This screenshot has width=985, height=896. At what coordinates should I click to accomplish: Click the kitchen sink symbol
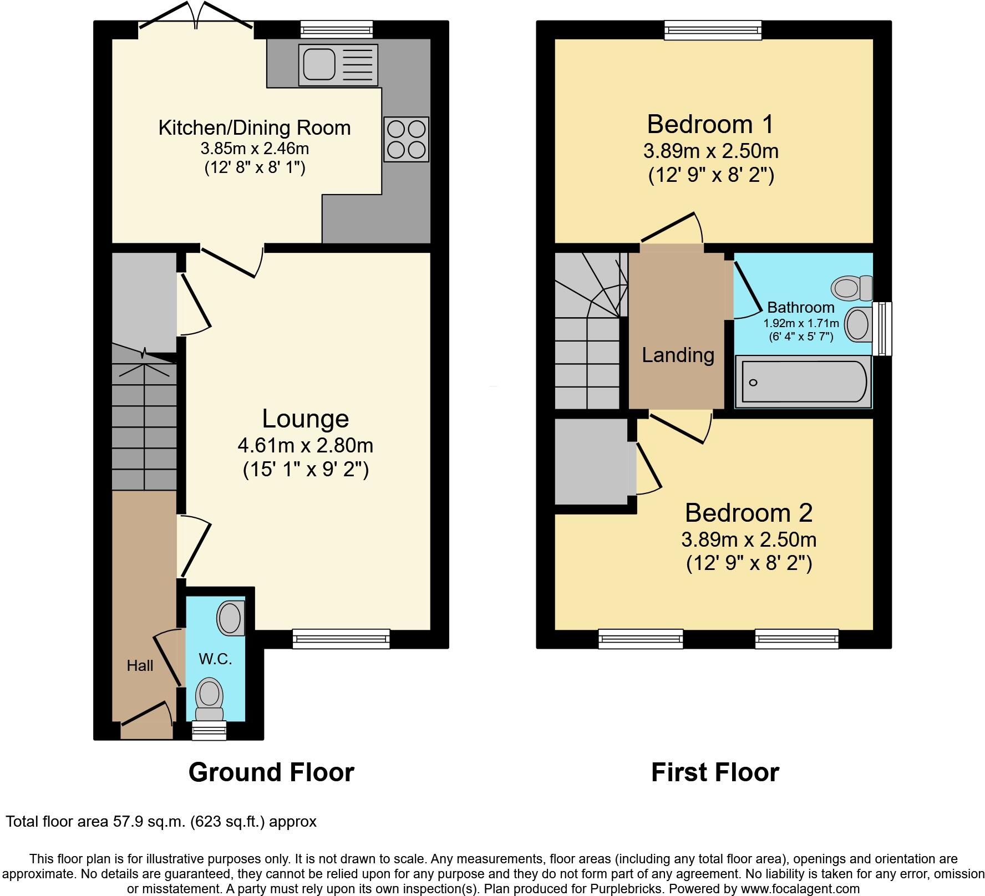tap(337, 65)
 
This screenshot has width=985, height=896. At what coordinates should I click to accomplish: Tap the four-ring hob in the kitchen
tap(407, 139)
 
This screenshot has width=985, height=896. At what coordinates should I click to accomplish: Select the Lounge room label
tap(305, 419)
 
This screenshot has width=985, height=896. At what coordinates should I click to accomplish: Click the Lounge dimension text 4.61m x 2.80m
tap(305, 445)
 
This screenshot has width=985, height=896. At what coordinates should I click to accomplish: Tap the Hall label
tap(140, 665)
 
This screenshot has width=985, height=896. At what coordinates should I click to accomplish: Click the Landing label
tap(678, 355)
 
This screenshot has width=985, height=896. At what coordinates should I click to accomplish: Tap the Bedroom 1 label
tap(710, 124)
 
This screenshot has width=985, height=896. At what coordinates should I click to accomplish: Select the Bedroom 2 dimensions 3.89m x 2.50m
tap(749, 539)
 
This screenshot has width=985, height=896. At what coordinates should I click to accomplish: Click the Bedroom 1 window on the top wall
tap(713, 30)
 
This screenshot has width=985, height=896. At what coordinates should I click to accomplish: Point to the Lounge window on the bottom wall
tap(341, 639)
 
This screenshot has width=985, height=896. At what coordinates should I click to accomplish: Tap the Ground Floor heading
tap(271, 772)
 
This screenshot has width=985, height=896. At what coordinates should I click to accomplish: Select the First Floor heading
tap(715, 772)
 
